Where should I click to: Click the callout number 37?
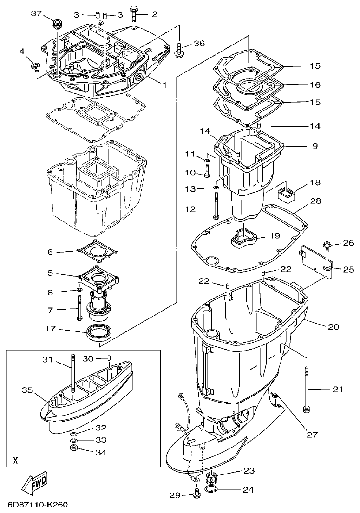pos(36,13)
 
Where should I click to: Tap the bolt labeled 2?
pos(135,14)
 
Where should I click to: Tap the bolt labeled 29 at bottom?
pos(197,494)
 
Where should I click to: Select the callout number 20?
pos(334,327)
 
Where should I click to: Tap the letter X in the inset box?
pos(15,461)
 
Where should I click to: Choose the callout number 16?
pos(315,85)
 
